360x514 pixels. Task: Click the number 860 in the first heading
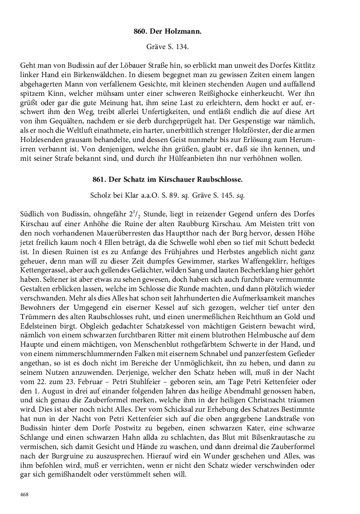[x=139, y=32]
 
